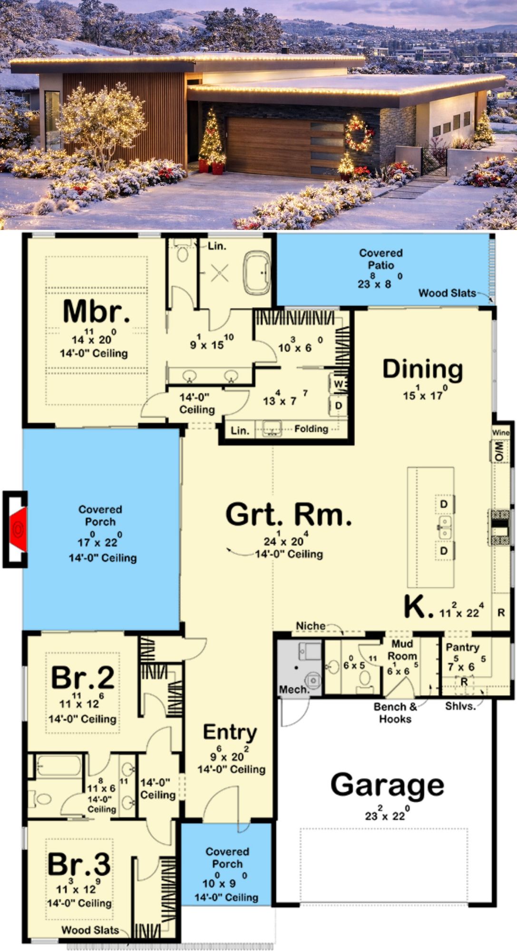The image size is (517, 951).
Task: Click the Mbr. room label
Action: tap(96, 311)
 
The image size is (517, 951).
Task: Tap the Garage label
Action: tap(387, 785)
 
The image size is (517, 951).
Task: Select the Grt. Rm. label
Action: tap(289, 514)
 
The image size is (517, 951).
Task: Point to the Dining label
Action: tap(422, 369)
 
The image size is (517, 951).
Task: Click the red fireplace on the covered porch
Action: tap(19, 529)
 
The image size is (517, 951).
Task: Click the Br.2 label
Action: tap(83, 678)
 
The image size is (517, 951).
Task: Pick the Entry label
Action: tap(230, 733)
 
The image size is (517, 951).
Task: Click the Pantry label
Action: tap(462, 648)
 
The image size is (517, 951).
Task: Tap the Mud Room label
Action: tap(402, 650)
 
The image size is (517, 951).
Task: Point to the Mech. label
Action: tap(294, 689)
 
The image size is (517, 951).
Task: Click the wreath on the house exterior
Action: tap(359, 134)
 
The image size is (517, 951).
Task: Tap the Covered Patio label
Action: tap(381, 259)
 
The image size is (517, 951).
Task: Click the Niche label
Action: tap(311, 626)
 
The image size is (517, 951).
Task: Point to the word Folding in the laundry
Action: tap(311, 429)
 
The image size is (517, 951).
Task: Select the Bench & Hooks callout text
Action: tap(395, 713)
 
